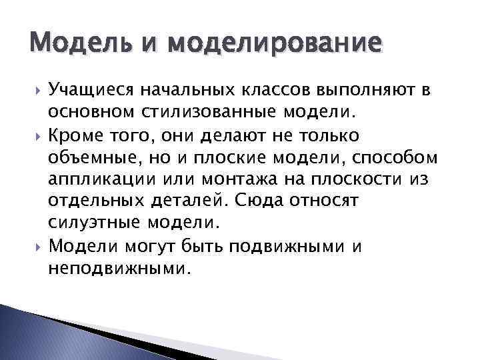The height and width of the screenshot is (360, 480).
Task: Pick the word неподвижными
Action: click(119, 269)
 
